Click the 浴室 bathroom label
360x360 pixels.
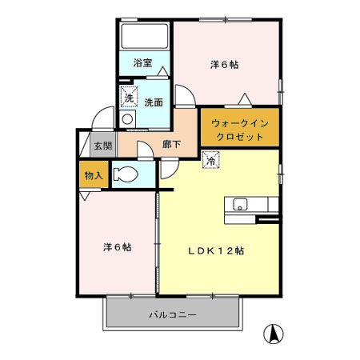[142, 62]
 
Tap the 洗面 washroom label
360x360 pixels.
[154, 102]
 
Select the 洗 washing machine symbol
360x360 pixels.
[128, 98]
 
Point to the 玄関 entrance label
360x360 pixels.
[102, 146]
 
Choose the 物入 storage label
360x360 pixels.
[94, 174]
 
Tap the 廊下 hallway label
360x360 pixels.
[171, 145]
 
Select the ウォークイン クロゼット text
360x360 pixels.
[240, 128]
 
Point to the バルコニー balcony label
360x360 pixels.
[172, 314]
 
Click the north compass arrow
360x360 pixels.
[274, 333]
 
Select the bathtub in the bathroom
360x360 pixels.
[144, 37]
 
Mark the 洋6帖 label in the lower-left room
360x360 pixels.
[118, 246]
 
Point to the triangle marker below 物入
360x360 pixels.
[85, 196]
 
